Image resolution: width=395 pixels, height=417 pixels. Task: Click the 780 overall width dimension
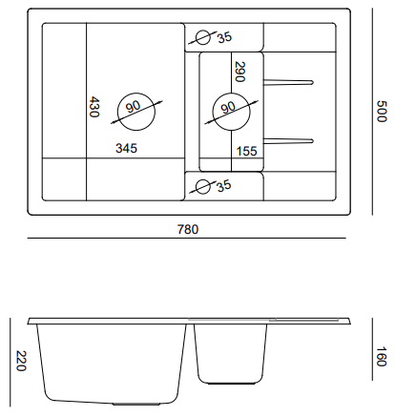(188, 229)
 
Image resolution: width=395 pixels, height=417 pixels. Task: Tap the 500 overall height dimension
(382, 112)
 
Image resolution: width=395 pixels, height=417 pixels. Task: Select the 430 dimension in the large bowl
(94, 107)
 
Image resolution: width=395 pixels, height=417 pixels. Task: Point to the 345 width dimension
(126, 148)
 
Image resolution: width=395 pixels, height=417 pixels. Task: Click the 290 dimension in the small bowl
(239, 72)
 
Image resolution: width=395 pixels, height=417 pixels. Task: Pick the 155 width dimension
(247, 151)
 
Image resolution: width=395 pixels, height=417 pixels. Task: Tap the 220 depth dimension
(21, 361)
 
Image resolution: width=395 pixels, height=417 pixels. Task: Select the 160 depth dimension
(381, 357)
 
